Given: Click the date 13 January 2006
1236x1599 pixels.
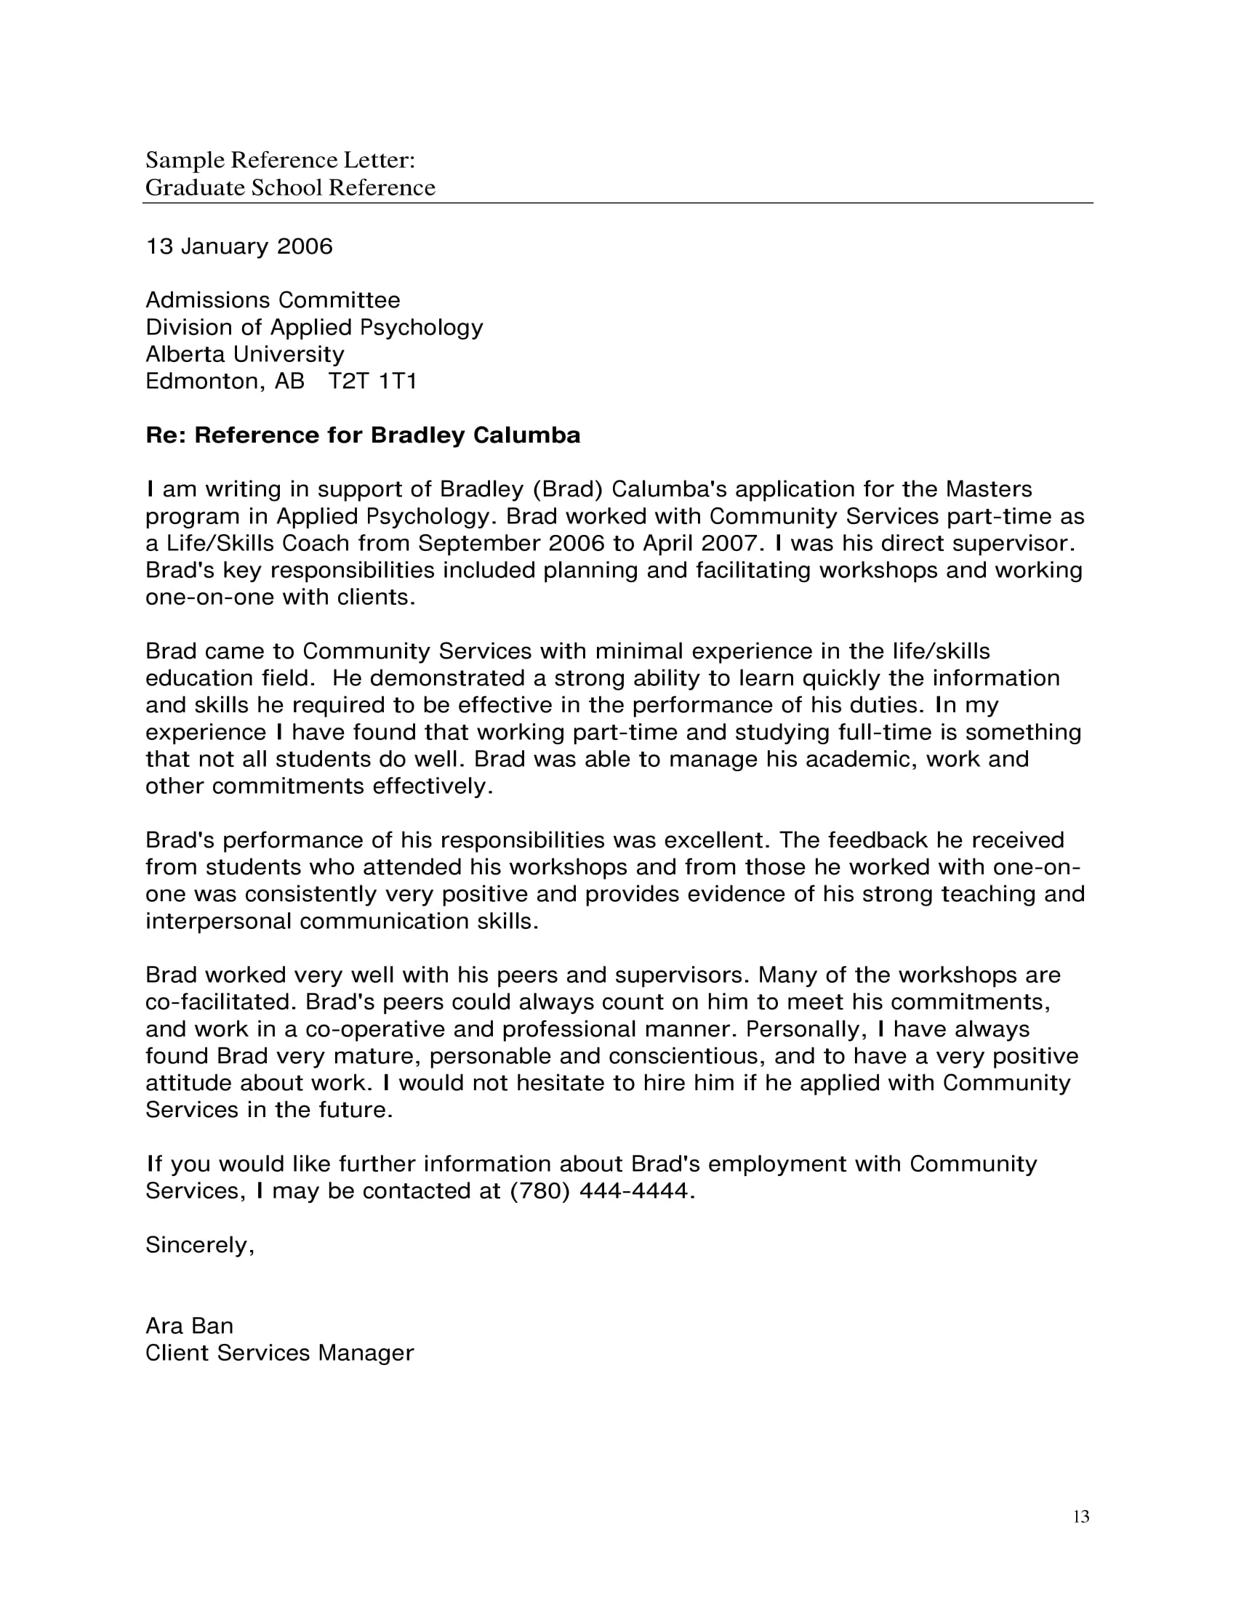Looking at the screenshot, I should point(238,246).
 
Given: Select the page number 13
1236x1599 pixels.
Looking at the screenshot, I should point(1080,1516).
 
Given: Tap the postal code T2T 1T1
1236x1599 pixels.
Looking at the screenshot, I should point(372,382).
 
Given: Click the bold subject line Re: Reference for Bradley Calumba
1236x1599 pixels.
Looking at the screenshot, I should point(363,435).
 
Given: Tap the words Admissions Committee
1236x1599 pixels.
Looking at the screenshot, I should point(273,300).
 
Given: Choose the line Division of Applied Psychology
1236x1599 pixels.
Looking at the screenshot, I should point(314,327).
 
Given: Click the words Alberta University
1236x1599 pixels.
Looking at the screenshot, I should point(244,355).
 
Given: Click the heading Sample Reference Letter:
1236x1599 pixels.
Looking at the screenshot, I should point(281,160).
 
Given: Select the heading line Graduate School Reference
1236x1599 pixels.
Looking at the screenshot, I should point(290,188).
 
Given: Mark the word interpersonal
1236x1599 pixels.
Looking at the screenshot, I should point(218,922).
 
